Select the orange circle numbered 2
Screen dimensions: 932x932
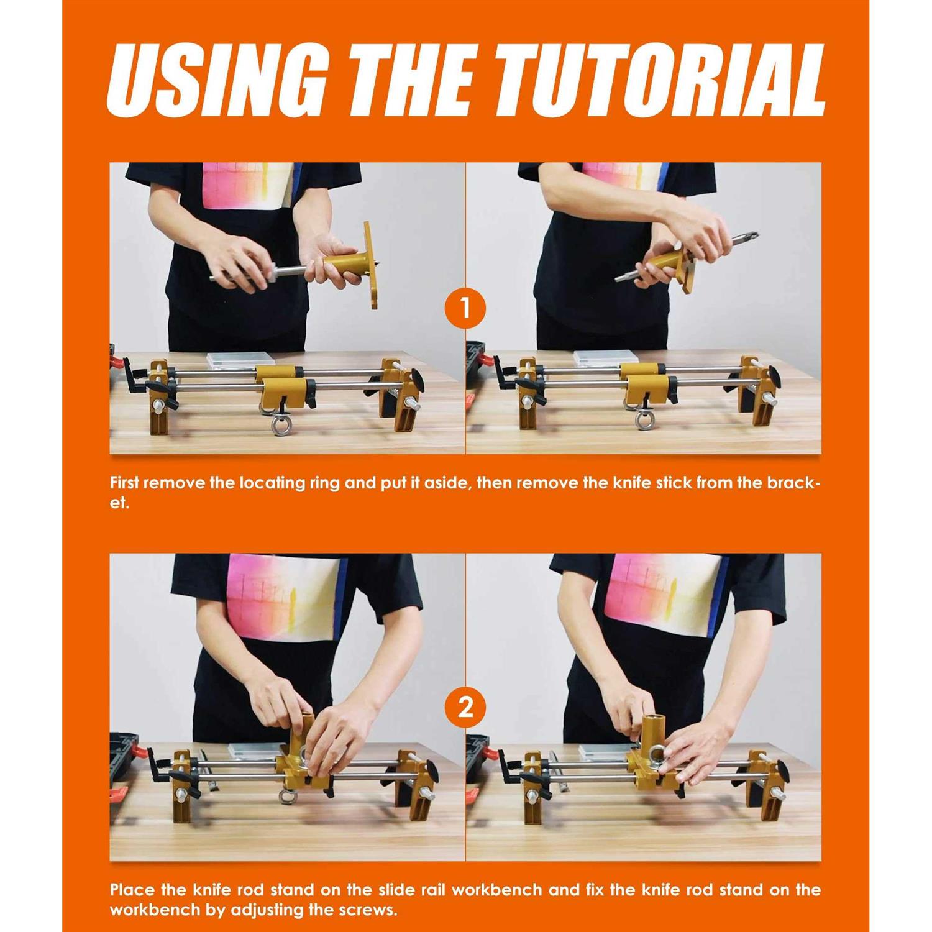[x=465, y=707]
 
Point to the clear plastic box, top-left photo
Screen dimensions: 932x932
[x=240, y=360]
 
